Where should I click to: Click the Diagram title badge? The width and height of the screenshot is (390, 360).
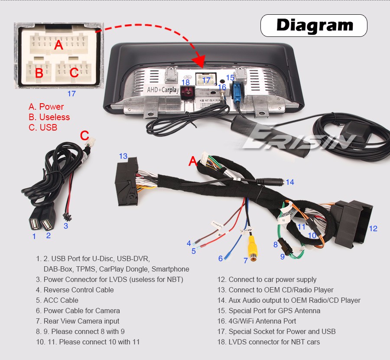click(x=314, y=25)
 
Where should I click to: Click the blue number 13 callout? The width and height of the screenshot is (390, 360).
click(x=123, y=156)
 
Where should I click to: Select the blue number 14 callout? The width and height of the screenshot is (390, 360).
click(x=289, y=182)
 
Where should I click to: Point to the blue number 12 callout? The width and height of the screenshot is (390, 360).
click(x=373, y=229)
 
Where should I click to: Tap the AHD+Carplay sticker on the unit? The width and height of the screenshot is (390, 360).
click(x=163, y=90)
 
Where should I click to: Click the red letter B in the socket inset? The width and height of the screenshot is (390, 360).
click(x=39, y=73)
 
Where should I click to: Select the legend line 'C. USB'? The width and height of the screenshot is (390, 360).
click(x=43, y=128)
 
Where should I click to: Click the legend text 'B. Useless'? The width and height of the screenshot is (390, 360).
click(x=49, y=117)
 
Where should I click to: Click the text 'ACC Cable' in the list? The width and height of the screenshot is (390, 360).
click(x=61, y=300)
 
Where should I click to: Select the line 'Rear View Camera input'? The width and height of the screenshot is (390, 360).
click(x=81, y=321)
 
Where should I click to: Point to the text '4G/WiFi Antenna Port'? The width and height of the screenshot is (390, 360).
click(x=262, y=321)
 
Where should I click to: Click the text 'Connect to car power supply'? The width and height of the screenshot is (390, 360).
click(x=272, y=279)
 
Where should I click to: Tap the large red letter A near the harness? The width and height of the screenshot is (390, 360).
click(x=192, y=161)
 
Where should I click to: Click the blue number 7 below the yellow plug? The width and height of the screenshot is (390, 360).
click(x=245, y=261)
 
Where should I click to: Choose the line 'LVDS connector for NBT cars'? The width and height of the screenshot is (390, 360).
click(x=274, y=342)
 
